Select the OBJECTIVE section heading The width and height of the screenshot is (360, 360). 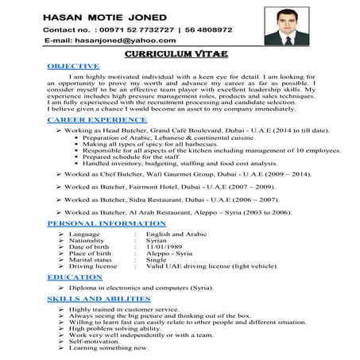[73, 65]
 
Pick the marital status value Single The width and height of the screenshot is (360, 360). [157, 261]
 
